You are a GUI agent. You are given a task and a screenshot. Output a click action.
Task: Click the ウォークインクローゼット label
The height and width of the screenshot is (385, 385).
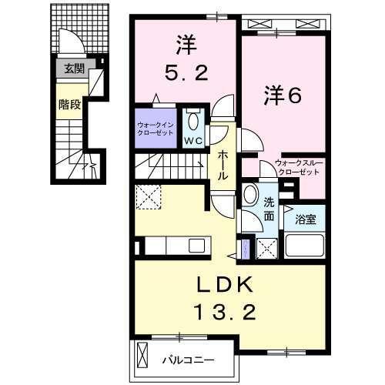coord(155,127)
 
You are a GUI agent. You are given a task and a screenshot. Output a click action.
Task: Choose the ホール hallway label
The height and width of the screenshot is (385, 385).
coord(222,164)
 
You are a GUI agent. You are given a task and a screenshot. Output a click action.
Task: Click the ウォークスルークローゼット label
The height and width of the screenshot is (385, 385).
coord(297,167)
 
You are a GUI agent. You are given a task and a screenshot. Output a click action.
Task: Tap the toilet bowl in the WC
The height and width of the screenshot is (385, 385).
coord(193,122)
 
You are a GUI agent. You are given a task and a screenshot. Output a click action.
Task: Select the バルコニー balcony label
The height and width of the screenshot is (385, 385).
coord(187,358)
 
